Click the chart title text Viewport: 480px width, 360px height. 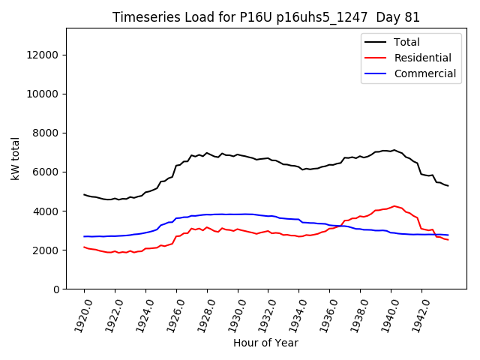tap(266, 17)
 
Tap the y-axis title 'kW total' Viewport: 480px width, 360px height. tap(16, 158)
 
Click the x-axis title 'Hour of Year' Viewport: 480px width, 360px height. tap(265, 343)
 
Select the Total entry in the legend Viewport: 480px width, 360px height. tap(406, 42)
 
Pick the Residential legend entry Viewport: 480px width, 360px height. tap(422, 58)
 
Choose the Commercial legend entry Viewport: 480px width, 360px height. tap(424, 73)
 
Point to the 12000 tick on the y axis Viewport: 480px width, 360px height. tap(45, 55)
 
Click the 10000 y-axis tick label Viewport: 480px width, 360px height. tap(45, 94)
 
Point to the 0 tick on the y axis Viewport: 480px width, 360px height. tap(57, 289)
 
